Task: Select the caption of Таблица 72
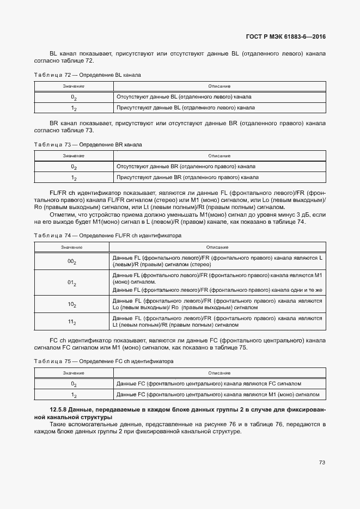pyautogui.click(x=87, y=75)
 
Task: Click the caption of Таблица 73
pyautogui.click(x=87, y=145)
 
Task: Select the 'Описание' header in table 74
pyautogui.click(x=218, y=247)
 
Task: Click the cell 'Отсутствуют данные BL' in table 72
pyautogui.click(x=184, y=97)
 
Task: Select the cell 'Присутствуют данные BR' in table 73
pyautogui.click(x=187, y=177)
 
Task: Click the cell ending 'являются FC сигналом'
pyautogui.click(x=209, y=384)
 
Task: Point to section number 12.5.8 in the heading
pyautogui.click(x=60, y=409)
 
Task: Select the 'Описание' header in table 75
pyautogui.click(x=219, y=373)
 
